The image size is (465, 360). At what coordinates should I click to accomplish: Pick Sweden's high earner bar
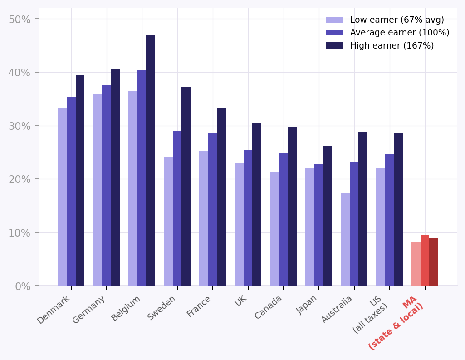(186, 186)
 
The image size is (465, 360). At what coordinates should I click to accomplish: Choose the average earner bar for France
(212, 209)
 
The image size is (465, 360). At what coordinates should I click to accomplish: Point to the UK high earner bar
(257, 204)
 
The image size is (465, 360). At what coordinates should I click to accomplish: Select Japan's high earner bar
(328, 216)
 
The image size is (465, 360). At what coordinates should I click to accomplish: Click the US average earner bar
(389, 220)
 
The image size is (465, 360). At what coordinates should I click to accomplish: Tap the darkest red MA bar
(434, 262)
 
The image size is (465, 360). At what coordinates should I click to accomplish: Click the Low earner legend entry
(397, 20)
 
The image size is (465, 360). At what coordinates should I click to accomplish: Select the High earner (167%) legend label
(392, 46)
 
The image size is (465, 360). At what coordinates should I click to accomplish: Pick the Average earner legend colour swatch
(335, 33)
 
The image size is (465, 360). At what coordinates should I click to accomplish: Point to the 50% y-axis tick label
(20, 19)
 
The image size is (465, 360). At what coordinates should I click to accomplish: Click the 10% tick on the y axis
(20, 233)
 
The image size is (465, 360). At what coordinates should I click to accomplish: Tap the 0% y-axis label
(23, 286)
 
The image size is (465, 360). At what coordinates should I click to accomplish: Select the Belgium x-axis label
(126, 308)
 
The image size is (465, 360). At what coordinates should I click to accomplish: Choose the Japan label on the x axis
(308, 305)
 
